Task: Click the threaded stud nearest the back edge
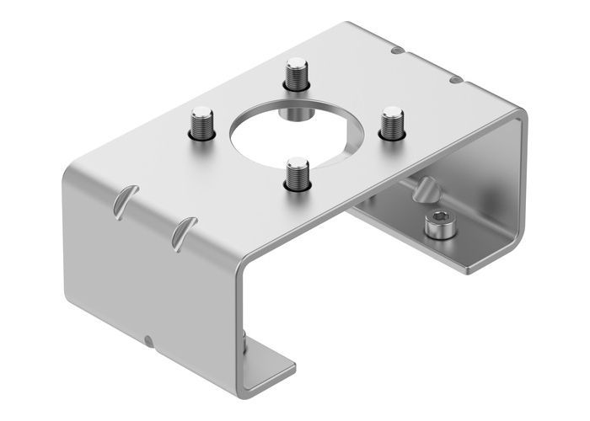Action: point(295,73)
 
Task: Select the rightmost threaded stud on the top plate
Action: point(390,122)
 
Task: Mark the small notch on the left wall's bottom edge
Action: point(147,340)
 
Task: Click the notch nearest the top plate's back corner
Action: point(395,52)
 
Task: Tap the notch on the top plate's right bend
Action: point(454,80)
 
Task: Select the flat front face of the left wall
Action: point(152,269)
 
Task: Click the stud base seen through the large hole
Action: point(294,111)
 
